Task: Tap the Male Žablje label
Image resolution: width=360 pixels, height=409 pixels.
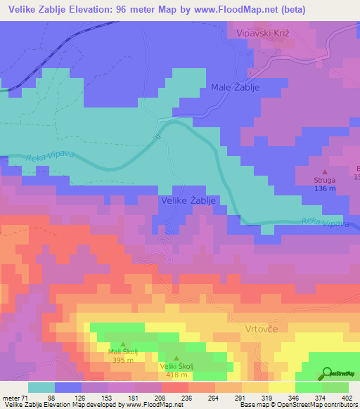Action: coord(236,87)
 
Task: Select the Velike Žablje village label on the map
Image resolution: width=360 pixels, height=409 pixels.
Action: coord(188,201)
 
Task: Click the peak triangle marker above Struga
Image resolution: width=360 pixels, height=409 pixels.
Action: coord(324,171)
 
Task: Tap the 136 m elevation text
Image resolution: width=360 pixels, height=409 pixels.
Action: coord(324,188)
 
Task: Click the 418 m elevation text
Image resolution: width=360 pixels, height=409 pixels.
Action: coord(176,375)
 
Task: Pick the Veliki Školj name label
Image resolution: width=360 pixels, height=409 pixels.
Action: coord(176,366)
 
